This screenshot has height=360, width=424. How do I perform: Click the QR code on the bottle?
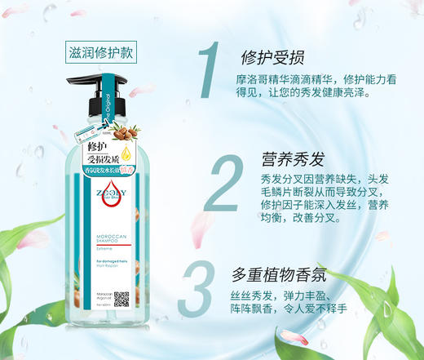(121, 299)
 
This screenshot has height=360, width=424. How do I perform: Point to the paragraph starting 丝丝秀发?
(303, 303)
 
